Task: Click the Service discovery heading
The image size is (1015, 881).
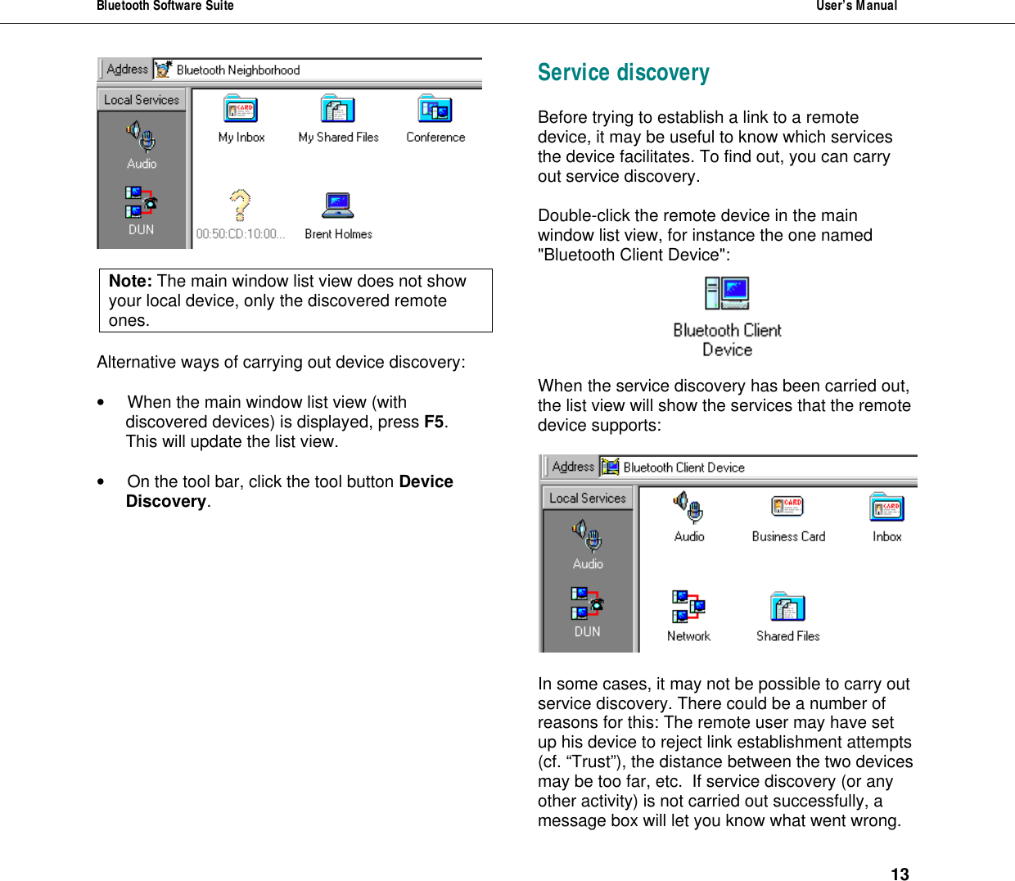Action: pyautogui.click(x=623, y=73)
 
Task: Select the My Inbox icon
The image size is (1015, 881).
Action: pyautogui.click(x=241, y=110)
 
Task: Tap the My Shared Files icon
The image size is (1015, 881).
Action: pyautogui.click(x=337, y=110)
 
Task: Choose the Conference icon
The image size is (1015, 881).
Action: pyautogui.click(x=435, y=110)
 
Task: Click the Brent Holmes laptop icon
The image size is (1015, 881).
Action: pyautogui.click(x=337, y=206)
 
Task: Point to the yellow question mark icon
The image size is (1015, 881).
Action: pyautogui.click(x=240, y=206)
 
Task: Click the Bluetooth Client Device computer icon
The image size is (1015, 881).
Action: pyautogui.click(x=727, y=293)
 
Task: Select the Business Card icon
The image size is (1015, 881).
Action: pyautogui.click(x=787, y=508)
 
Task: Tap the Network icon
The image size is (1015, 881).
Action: pyautogui.click(x=688, y=607)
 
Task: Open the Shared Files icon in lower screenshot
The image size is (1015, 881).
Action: pyautogui.click(x=787, y=607)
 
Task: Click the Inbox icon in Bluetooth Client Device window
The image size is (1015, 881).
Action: pyautogui.click(x=886, y=508)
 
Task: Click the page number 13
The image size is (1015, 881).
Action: pyautogui.click(x=900, y=874)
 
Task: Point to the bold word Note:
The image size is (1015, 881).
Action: pyautogui.click(x=130, y=281)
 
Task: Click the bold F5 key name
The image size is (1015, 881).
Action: pyautogui.click(x=433, y=422)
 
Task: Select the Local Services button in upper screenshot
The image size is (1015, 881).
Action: pyautogui.click(x=142, y=100)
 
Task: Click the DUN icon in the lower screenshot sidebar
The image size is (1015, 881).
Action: pyautogui.click(x=587, y=603)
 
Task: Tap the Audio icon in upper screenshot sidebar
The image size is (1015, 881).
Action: pyautogui.click(x=142, y=137)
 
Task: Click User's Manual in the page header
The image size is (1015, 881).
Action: pyautogui.click(x=856, y=7)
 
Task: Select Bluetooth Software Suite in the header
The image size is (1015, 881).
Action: pyautogui.click(x=165, y=7)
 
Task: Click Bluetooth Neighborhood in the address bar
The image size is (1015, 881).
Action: pyautogui.click(x=237, y=70)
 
